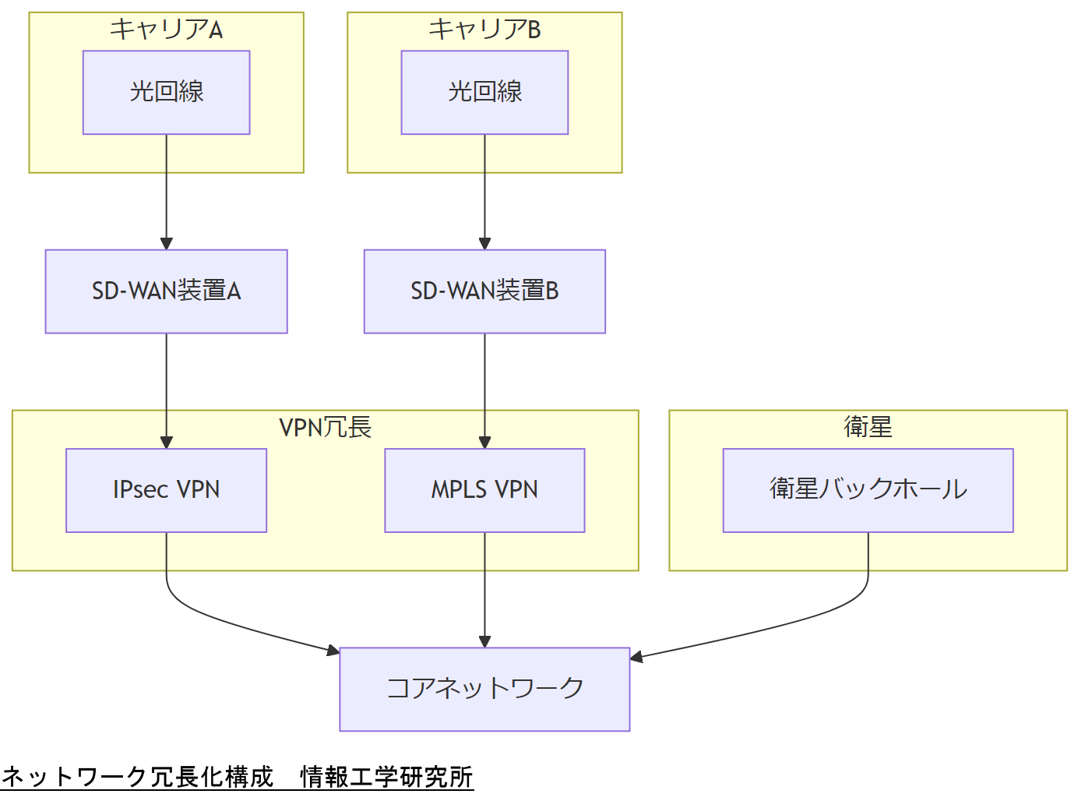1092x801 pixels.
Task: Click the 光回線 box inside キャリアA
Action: tap(166, 92)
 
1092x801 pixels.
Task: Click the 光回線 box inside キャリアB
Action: tap(484, 92)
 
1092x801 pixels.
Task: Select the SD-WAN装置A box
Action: tap(166, 291)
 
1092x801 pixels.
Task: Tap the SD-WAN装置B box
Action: tap(484, 291)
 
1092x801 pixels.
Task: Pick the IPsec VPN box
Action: tap(166, 490)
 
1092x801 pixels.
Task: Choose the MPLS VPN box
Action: tap(484, 490)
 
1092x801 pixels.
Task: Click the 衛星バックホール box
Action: tap(868, 490)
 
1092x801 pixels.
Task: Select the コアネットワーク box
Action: tap(484, 689)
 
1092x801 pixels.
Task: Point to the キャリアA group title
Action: tap(166, 30)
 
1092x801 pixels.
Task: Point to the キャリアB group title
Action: tap(484, 30)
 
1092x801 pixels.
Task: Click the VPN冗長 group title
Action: tap(325, 427)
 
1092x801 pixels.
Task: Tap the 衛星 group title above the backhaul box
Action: tap(868, 427)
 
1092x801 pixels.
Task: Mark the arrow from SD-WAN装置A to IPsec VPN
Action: tap(166, 390)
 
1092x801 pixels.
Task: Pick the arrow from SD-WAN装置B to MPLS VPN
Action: tap(484, 390)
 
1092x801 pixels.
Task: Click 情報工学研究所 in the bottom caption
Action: tap(386, 777)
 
